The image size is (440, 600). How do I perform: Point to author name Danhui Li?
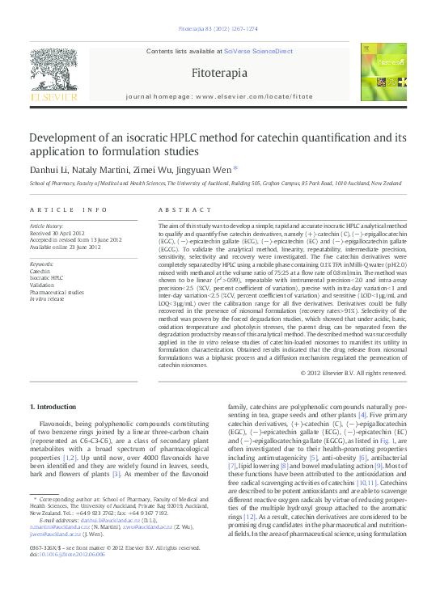(x=51, y=169)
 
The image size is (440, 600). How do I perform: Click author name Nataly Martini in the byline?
(x=104, y=169)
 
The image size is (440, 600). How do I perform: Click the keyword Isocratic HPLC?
(x=46, y=277)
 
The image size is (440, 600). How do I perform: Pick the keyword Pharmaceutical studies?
(x=57, y=292)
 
